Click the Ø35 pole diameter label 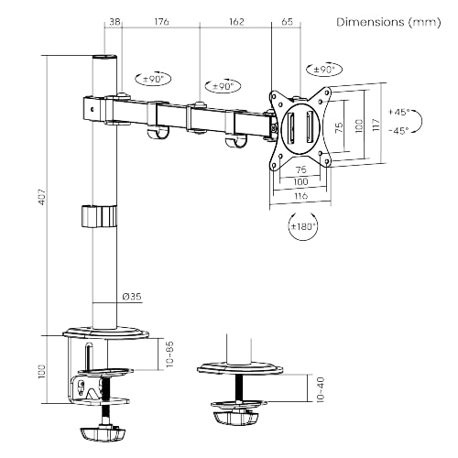point(132,296)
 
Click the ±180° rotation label point(302,225)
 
